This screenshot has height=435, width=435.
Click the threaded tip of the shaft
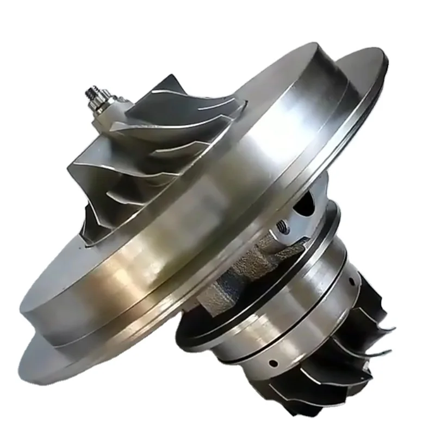pyautogui.click(x=91, y=89)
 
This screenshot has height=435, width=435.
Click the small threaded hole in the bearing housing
pyautogui.click(x=282, y=223)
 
